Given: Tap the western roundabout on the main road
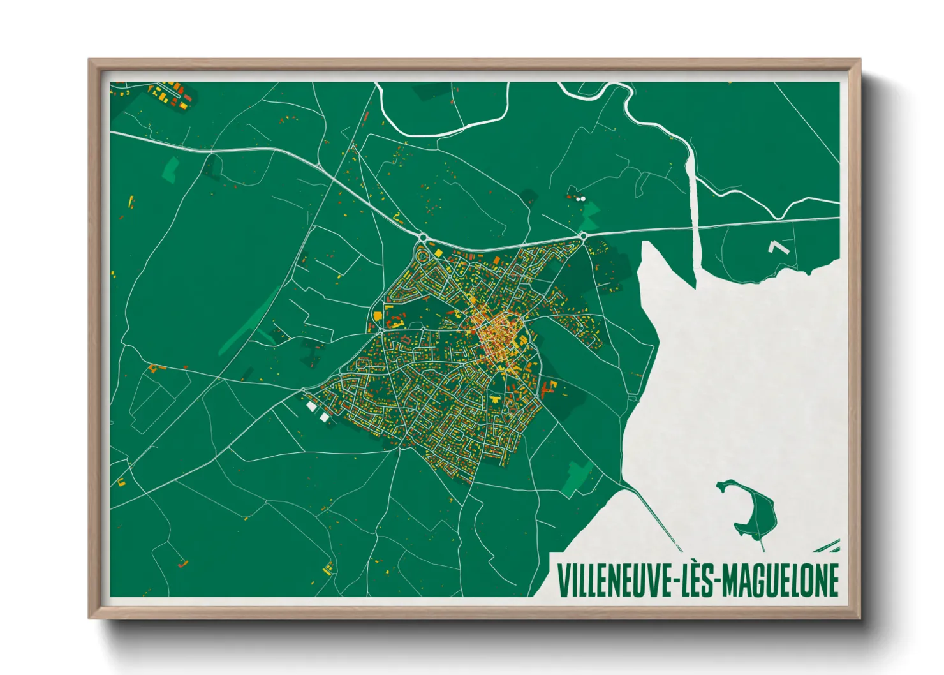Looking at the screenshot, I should click(x=422, y=238).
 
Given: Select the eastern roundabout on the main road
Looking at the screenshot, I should click(x=584, y=237).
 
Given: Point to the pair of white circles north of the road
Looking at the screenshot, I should click(x=580, y=198).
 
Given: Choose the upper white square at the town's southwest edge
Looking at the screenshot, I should click(x=311, y=406).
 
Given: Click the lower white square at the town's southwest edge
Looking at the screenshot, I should click(x=324, y=417).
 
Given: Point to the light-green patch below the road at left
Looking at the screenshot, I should click(x=171, y=169).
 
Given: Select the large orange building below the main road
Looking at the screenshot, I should click(x=378, y=315).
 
